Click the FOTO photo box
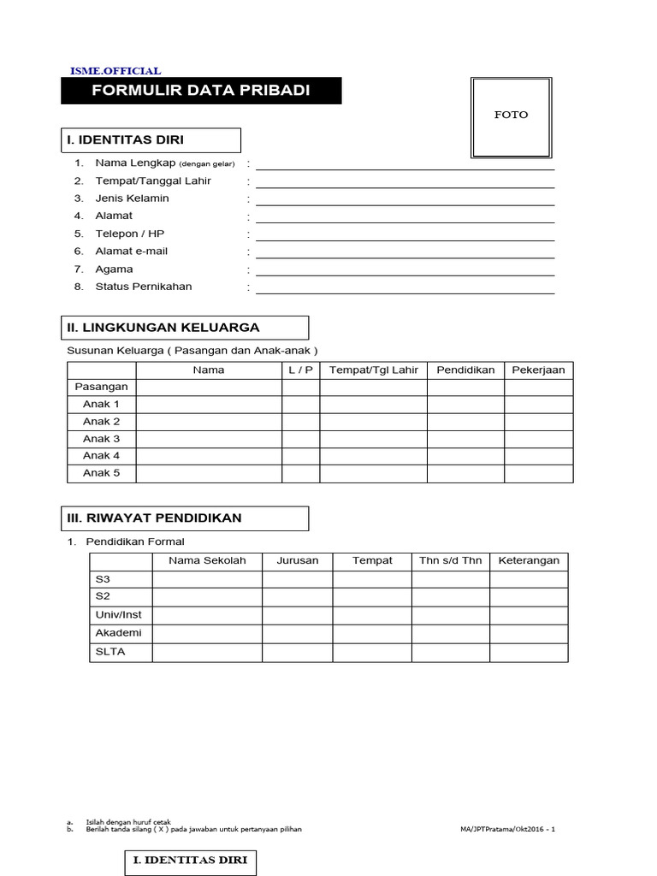tap(512, 116)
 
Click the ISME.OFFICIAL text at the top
tap(115, 71)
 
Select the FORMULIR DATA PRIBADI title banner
tap(201, 91)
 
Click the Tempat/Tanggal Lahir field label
tap(153, 181)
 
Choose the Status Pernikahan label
tap(144, 287)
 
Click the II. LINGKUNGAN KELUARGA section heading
tap(185, 328)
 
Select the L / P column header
tap(300, 370)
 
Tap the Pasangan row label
tap(102, 387)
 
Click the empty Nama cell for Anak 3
tap(209, 439)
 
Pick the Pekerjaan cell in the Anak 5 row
tap(538, 473)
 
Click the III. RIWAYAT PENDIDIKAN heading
tap(185, 518)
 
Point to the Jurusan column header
tap(297, 561)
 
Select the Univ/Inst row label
tap(120, 615)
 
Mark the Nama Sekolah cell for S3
tap(207, 579)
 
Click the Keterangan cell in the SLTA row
tap(529, 653)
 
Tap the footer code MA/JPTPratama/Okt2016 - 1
tap(506, 829)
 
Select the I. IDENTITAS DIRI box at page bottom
tap(190, 861)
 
